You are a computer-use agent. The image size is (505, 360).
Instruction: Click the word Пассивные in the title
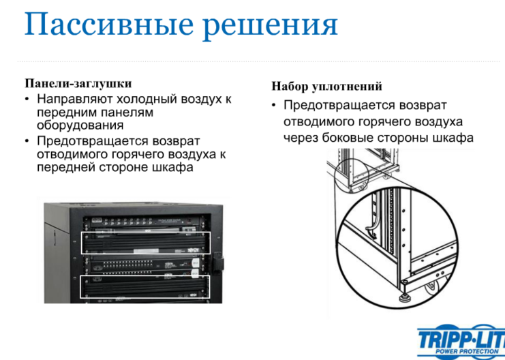(109, 25)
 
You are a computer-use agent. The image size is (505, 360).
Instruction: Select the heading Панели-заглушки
(78, 84)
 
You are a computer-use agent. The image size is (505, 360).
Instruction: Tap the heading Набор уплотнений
(327, 87)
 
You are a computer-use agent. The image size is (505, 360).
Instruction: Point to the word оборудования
(80, 125)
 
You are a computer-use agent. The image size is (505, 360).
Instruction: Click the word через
(301, 138)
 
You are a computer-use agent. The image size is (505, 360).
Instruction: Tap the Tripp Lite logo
(461, 342)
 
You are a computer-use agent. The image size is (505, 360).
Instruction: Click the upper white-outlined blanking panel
(146, 242)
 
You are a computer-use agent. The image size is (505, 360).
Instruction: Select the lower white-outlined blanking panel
(145, 286)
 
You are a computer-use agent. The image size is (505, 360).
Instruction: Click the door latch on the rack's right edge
(217, 262)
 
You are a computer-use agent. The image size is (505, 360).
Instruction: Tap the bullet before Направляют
(27, 100)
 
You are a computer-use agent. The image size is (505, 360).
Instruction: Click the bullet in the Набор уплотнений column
(274, 106)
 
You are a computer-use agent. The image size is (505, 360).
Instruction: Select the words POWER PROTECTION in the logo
(467, 351)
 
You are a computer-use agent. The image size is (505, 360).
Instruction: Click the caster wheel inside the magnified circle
(433, 288)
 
